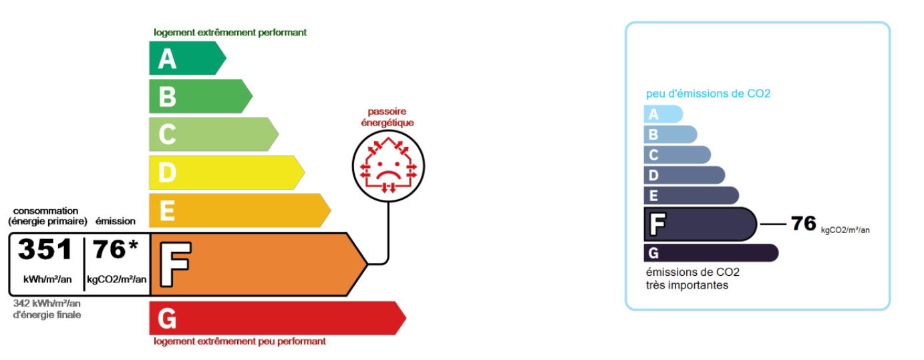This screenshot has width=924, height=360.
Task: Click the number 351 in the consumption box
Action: [x=45, y=249]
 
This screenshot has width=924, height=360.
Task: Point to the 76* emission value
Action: [x=116, y=249]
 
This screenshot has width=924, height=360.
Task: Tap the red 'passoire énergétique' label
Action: [x=387, y=117]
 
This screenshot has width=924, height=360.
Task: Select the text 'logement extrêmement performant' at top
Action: [x=230, y=32]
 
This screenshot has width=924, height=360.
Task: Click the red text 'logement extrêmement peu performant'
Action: [x=239, y=341]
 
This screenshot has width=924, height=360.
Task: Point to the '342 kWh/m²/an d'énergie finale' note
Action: [x=47, y=309]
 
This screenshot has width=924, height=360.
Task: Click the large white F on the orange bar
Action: [x=175, y=264]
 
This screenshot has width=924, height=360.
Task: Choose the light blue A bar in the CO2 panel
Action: [x=662, y=114]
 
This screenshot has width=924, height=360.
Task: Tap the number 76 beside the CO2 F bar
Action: [x=804, y=223]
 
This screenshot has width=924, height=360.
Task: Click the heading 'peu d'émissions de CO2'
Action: [x=708, y=94]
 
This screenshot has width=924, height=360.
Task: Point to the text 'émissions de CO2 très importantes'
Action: [x=692, y=279]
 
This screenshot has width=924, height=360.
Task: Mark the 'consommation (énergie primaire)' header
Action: [x=47, y=216]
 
